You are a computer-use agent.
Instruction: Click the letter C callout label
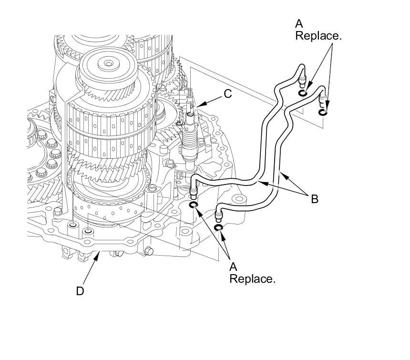click(x=228, y=94)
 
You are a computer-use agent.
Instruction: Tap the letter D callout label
click(x=80, y=291)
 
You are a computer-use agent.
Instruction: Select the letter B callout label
click(x=315, y=199)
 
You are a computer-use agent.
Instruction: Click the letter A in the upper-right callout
click(x=299, y=24)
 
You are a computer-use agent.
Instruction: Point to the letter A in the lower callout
click(x=233, y=267)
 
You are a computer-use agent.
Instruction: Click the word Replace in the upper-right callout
click(x=318, y=36)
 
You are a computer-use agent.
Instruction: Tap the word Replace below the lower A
click(x=253, y=278)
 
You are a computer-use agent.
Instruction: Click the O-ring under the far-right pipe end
click(x=323, y=113)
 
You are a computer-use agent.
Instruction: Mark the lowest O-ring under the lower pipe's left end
click(x=219, y=228)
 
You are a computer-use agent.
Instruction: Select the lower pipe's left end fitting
click(x=219, y=216)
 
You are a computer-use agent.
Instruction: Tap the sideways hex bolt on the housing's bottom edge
click(x=149, y=251)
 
